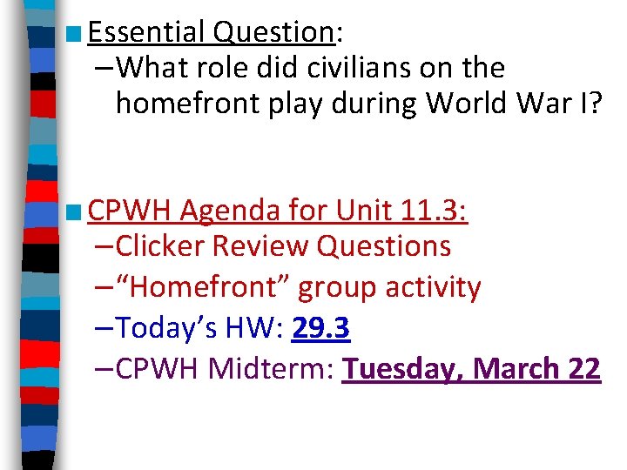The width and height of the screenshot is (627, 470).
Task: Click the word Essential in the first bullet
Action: pyautogui.click(x=145, y=32)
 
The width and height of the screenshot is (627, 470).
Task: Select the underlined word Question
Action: pyautogui.click(x=273, y=32)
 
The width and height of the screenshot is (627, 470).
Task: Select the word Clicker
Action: pyautogui.click(x=162, y=246)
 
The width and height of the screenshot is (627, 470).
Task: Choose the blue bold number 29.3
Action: pyautogui.click(x=321, y=328)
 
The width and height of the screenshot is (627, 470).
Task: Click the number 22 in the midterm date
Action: pyautogui.click(x=583, y=369)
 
